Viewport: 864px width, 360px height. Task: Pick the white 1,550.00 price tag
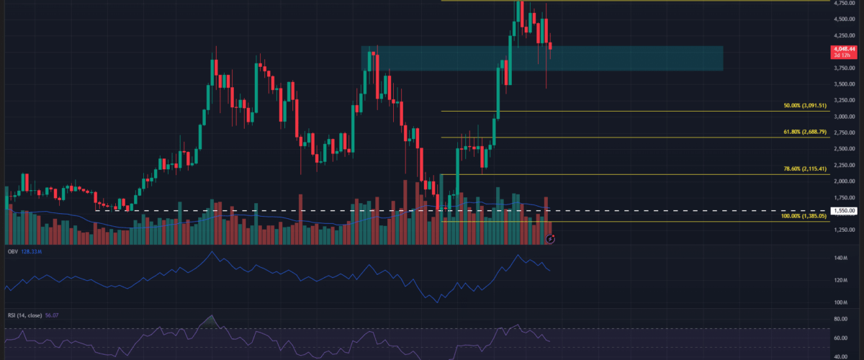(x=844, y=210)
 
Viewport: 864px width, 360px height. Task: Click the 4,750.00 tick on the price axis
(x=845, y=2)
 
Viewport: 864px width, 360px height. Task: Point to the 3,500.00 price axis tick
(x=845, y=84)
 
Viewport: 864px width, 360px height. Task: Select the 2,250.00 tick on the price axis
(x=845, y=165)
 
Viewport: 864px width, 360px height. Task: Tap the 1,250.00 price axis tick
(x=845, y=230)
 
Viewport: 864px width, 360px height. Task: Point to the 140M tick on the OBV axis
(x=840, y=258)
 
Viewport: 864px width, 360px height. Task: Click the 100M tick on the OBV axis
(x=840, y=302)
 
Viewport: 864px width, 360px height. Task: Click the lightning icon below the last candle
(x=549, y=238)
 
